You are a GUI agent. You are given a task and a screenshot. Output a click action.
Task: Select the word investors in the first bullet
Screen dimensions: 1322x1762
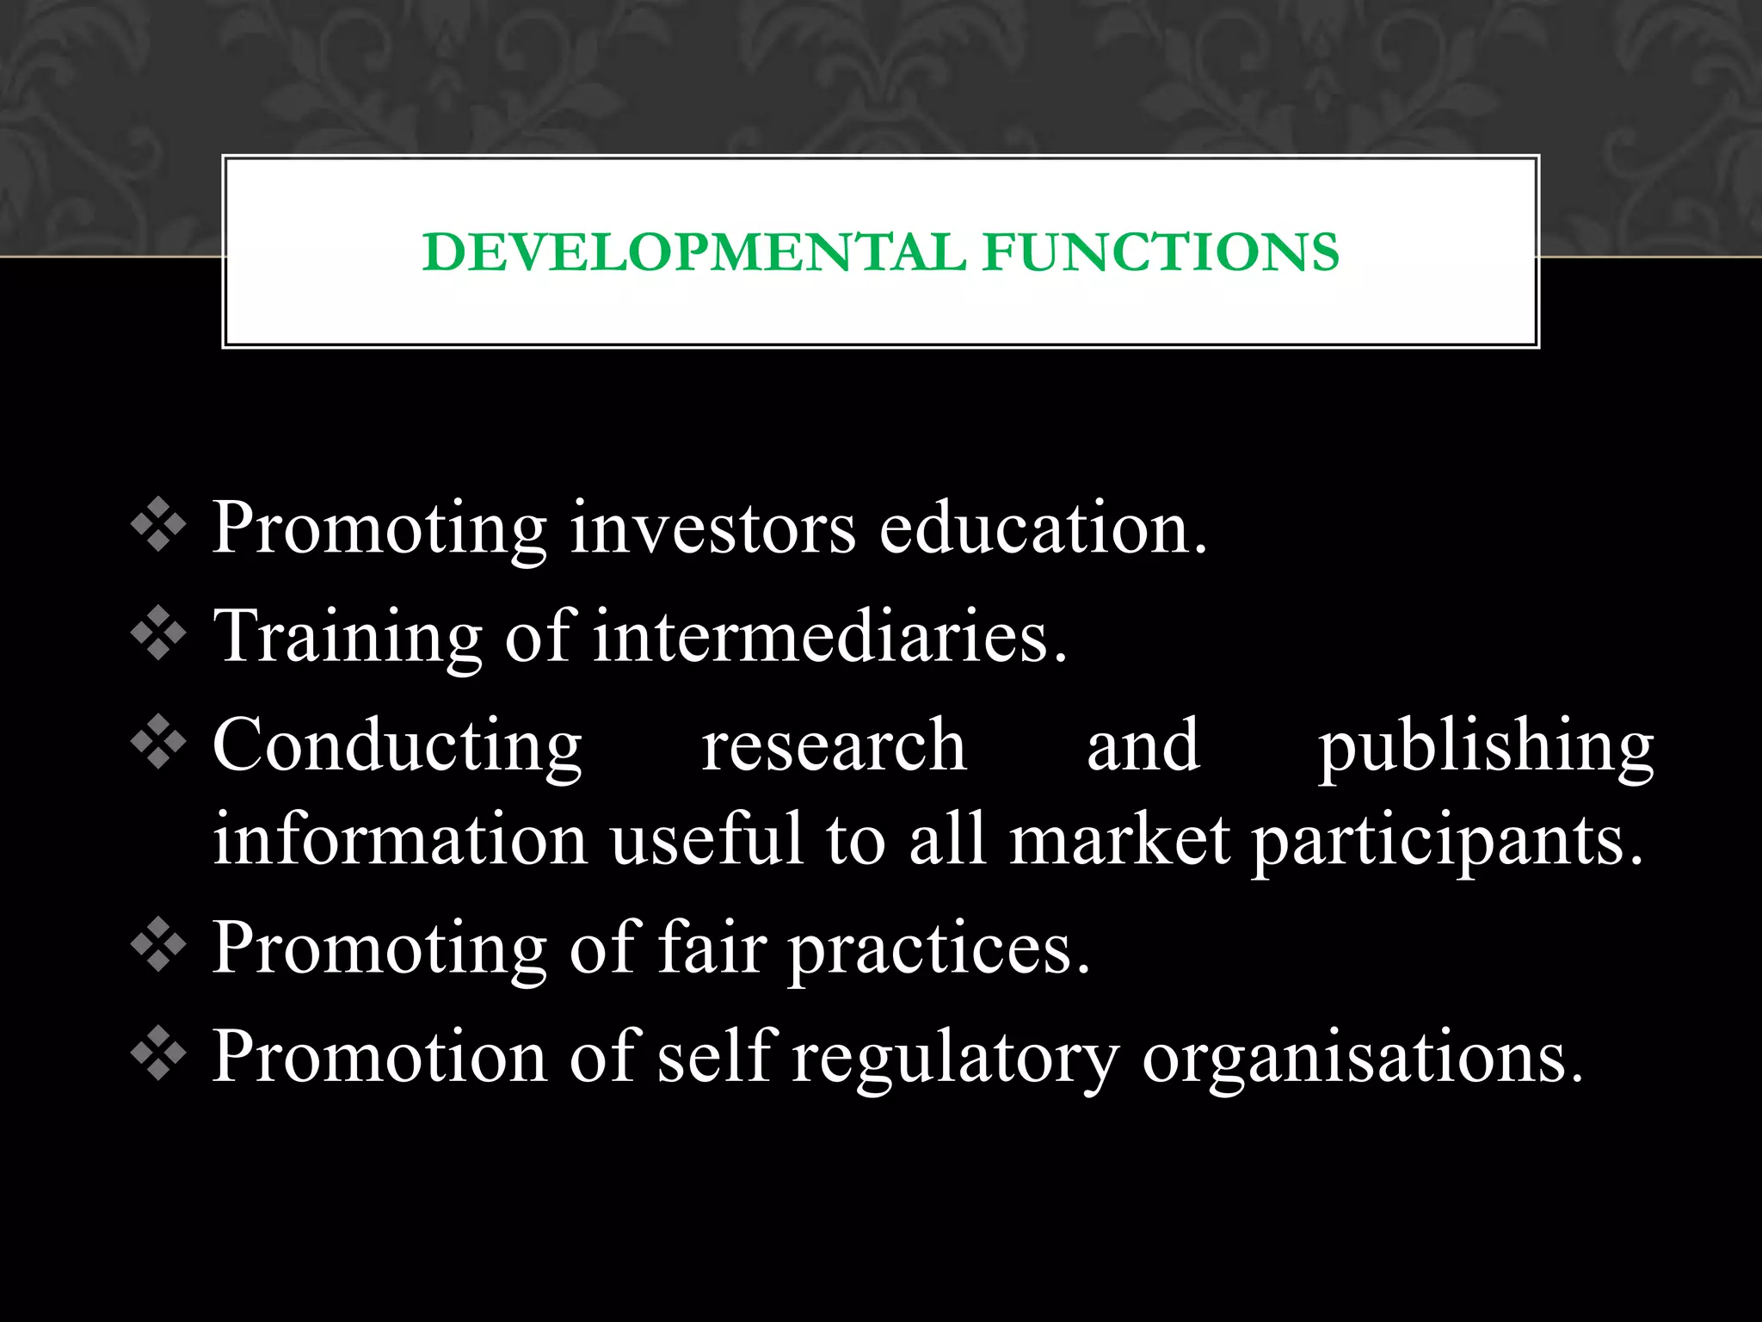tap(712, 528)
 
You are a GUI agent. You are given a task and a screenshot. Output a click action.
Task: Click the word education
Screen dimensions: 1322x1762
tap(1043, 528)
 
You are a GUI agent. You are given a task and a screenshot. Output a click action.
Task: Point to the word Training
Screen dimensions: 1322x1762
tap(348, 638)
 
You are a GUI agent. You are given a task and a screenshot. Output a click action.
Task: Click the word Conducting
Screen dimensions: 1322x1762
tap(397, 746)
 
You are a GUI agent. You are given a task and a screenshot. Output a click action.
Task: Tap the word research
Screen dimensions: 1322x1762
tap(834, 746)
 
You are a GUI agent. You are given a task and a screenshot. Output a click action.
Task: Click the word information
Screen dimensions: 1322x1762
tap(400, 839)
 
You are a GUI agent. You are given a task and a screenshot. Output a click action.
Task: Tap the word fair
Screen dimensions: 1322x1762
tap(712, 948)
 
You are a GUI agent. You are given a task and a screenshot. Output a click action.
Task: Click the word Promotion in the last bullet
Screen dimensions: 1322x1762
tap(379, 1056)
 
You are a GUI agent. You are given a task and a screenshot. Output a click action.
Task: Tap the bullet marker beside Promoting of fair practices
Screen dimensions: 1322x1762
tap(158, 947)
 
